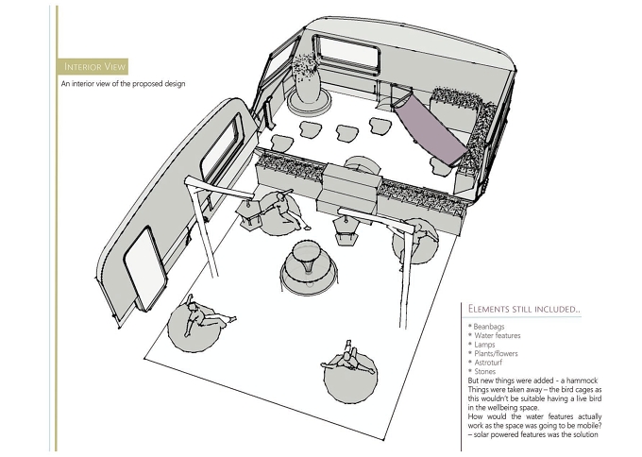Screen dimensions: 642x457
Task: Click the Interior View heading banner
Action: (x=93, y=66)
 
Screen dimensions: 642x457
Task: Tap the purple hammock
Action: (x=430, y=127)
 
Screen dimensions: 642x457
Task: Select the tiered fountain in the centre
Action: (x=309, y=267)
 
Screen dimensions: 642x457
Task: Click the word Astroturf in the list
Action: (x=488, y=363)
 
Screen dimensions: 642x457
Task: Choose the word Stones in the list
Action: (x=484, y=371)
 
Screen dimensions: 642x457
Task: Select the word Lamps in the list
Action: (x=484, y=345)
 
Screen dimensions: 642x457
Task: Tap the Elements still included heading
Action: (x=524, y=309)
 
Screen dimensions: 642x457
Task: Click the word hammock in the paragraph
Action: (x=582, y=381)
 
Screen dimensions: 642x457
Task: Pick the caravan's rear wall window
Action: (x=346, y=53)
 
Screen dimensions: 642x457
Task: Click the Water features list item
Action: (x=498, y=335)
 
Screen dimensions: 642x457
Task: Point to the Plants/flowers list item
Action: (x=496, y=353)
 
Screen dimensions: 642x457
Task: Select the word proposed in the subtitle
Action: (x=147, y=84)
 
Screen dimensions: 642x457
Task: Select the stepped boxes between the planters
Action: (x=348, y=188)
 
